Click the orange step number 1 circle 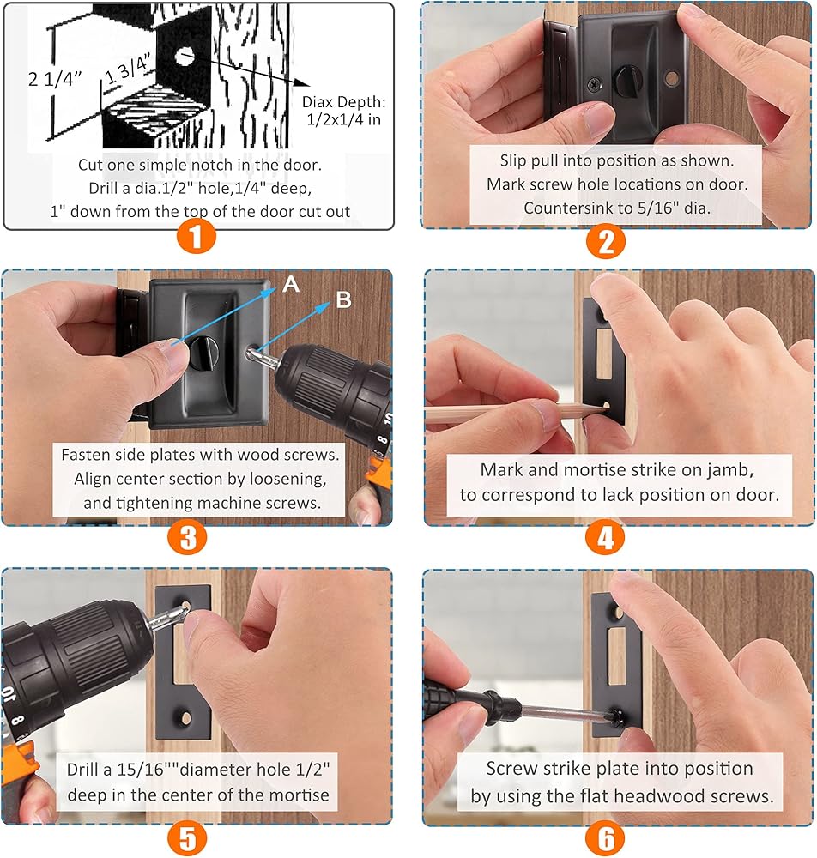pyautogui.click(x=196, y=237)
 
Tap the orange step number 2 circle pyautogui.click(x=606, y=241)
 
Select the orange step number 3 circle pyautogui.click(x=187, y=537)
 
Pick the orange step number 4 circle pyautogui.click(x=605, y=537)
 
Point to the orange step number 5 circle pyautogui.click(x=187, y=837)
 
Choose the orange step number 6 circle pyautogui.click(x=605, y=837)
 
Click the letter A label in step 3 pyautogui.click(x=291, y=284)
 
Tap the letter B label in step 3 pyautogui.click(x=343, y=299)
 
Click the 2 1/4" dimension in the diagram pyautogui.click(x=55, y=79)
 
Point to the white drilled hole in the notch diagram pyautogui.click(x=185, y=56)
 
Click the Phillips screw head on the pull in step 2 pyautogui.click(x=595, y=84)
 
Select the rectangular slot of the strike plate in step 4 pyautogui.click(x=604, y=353)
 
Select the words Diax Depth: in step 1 pyautogui.click(x=343, y=102)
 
